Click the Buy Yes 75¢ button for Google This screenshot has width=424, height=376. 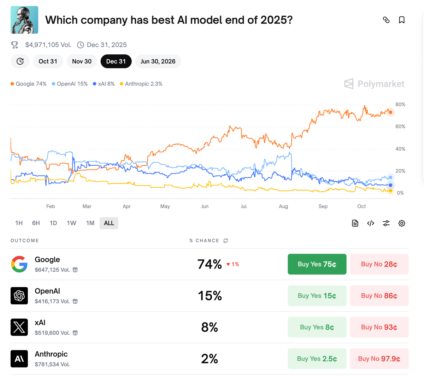(317, 264)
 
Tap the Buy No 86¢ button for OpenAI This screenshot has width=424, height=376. (379, 295)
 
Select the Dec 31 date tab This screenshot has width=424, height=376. (116, 61)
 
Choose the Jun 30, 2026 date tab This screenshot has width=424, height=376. (158, 61)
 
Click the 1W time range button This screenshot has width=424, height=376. (71, 223)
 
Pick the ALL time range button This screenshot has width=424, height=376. (109, 223)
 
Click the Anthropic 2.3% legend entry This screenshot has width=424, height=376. (141, 84)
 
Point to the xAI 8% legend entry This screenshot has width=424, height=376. (104, 84)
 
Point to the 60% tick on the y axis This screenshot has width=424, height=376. (400, 127)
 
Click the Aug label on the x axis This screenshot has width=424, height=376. (283, 206)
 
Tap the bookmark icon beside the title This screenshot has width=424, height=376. (402, 20)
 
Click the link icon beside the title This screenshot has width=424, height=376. (386, 20)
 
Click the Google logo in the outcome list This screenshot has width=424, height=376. (19, 264)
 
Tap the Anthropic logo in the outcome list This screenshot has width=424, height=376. (19, 359)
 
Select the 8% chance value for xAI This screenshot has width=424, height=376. (210, 327)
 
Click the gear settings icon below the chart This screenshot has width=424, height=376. (402, 223)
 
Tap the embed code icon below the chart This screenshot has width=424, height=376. (371, 223)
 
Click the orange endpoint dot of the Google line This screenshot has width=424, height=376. (390, 112)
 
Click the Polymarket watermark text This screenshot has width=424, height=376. (381, 84)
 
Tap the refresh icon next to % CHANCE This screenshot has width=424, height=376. (226, 241)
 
